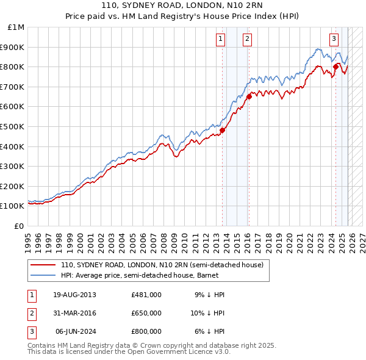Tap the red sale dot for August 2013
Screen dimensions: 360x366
[222, 130]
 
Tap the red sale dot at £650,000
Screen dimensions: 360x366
[249, 96]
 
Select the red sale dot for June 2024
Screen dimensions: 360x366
[335, 67]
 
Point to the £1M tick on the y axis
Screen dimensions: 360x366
[17, 27]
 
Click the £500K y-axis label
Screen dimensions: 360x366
[13, 126]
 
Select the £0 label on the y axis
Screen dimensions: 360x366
[20, 226]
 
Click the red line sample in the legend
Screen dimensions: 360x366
[43, 265]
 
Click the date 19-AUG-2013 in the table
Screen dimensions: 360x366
[74, 295]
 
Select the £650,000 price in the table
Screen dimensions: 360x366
[146, 313]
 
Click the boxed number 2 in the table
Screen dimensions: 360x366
[31, 313]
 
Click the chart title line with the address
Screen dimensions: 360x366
[183, 5]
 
